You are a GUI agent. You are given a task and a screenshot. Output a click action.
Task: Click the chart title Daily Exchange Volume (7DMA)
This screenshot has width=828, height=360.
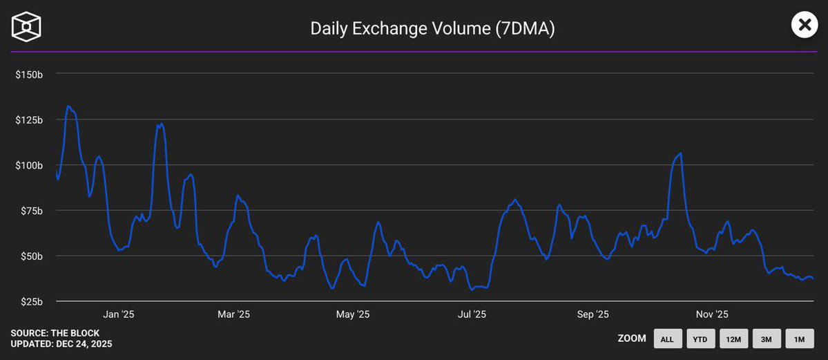433,28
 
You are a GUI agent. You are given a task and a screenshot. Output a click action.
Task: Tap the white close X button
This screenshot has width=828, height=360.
804,26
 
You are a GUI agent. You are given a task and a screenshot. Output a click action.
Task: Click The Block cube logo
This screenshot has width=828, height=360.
26,26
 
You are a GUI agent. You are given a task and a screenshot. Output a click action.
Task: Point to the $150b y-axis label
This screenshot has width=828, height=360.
29,74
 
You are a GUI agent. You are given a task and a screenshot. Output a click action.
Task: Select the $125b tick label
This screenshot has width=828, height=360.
29,120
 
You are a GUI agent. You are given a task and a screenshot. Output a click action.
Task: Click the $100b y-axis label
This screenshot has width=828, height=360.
29,165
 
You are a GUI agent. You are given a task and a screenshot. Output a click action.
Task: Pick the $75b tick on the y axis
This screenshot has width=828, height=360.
31,211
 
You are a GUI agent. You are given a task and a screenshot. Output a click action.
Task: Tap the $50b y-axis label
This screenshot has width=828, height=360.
31,256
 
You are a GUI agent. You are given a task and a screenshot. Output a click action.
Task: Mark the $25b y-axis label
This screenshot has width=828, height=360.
31,302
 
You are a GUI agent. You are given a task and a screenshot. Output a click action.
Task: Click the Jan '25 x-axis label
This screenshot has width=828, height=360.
119,315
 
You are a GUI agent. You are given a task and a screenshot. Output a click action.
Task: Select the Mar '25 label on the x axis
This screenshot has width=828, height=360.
233,315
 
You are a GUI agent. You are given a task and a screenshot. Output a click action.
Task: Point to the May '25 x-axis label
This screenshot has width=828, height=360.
353,315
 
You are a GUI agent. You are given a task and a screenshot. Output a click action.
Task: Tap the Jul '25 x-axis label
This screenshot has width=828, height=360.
472,315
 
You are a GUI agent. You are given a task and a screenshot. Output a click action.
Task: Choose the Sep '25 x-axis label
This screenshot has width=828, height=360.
593,315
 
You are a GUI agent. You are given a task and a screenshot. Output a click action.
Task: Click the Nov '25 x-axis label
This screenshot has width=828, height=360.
712,315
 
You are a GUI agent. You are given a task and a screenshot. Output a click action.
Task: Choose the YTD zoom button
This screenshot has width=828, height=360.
700,339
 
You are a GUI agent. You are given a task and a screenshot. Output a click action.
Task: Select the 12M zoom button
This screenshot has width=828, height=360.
733,339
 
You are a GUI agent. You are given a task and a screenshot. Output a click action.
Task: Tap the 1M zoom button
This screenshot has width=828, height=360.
799,339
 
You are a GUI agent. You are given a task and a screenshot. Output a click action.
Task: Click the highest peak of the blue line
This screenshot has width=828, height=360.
68,106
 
